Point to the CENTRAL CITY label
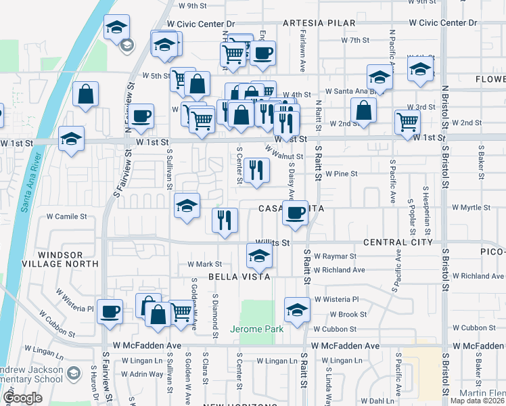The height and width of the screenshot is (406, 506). (398, 242)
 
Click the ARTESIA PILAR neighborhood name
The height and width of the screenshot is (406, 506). (319, 23)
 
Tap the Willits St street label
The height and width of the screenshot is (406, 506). (272, 242)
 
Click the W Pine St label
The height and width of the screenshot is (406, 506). (341, 174)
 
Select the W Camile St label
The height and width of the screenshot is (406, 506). (67, 217)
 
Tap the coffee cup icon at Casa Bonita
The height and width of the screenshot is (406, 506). (295, 212)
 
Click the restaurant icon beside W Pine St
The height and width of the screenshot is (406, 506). (255, 169)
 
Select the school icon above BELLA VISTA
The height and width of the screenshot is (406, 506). (258, 256)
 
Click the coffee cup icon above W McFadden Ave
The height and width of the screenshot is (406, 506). (110, 311)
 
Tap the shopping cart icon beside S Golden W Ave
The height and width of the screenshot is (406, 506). (181, 312)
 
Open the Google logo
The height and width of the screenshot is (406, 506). (22, 398)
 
